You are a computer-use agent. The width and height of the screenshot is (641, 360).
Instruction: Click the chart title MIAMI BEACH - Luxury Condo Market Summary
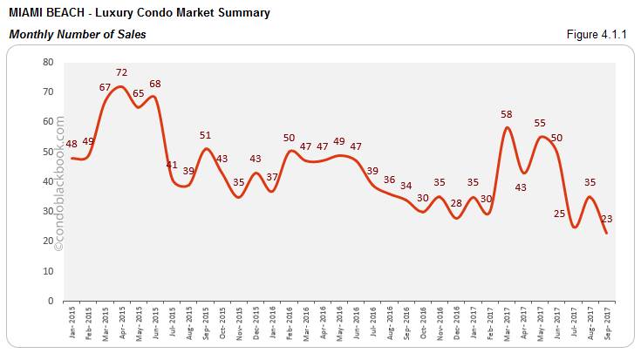tap(139, 13)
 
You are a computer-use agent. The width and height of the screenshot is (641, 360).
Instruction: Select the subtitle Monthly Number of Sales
tap(77, 35)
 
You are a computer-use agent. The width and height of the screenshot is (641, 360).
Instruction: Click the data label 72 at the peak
tap(122, 72)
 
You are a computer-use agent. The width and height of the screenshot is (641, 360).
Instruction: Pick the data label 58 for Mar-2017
tap(508, 114)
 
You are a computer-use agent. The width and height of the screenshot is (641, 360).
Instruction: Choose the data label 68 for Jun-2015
tap(155, 85)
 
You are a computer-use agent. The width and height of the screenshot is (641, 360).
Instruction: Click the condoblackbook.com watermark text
tap(60, 183)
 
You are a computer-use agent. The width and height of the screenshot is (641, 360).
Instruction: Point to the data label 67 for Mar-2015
tap(105, 87)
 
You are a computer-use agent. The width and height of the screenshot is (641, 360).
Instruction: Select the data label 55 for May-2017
tap(540, 124)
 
